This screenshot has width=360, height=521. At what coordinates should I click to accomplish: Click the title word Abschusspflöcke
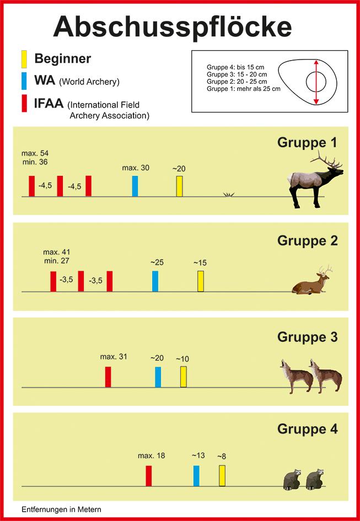[173, 28]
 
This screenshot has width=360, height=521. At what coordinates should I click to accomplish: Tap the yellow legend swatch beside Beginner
[24, 59]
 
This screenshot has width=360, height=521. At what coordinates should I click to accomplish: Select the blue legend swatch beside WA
[24, 80]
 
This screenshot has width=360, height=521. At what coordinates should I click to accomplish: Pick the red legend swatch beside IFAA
[24, 103]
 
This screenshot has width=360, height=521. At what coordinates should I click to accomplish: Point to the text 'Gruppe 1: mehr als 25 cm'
[243, 89]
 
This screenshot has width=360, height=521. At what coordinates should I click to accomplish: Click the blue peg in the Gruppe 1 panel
[135, 186]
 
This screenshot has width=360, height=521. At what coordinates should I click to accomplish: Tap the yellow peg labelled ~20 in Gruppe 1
[180, 186]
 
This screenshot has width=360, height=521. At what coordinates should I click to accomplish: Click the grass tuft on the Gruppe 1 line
[228, 195]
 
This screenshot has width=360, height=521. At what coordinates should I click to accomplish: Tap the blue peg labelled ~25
[155, 281]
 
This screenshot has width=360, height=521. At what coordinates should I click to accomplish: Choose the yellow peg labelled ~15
[201, 281]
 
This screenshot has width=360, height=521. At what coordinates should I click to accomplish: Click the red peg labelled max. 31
[108, 377]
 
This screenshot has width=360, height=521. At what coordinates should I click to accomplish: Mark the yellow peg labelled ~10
[184, 377]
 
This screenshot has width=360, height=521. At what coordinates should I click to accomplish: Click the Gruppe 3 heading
[308, 337]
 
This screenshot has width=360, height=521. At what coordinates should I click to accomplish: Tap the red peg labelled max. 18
[149, 476]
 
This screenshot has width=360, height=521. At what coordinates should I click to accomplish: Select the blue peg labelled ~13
[196, 476]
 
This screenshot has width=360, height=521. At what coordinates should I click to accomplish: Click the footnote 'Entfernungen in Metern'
[62, 509]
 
